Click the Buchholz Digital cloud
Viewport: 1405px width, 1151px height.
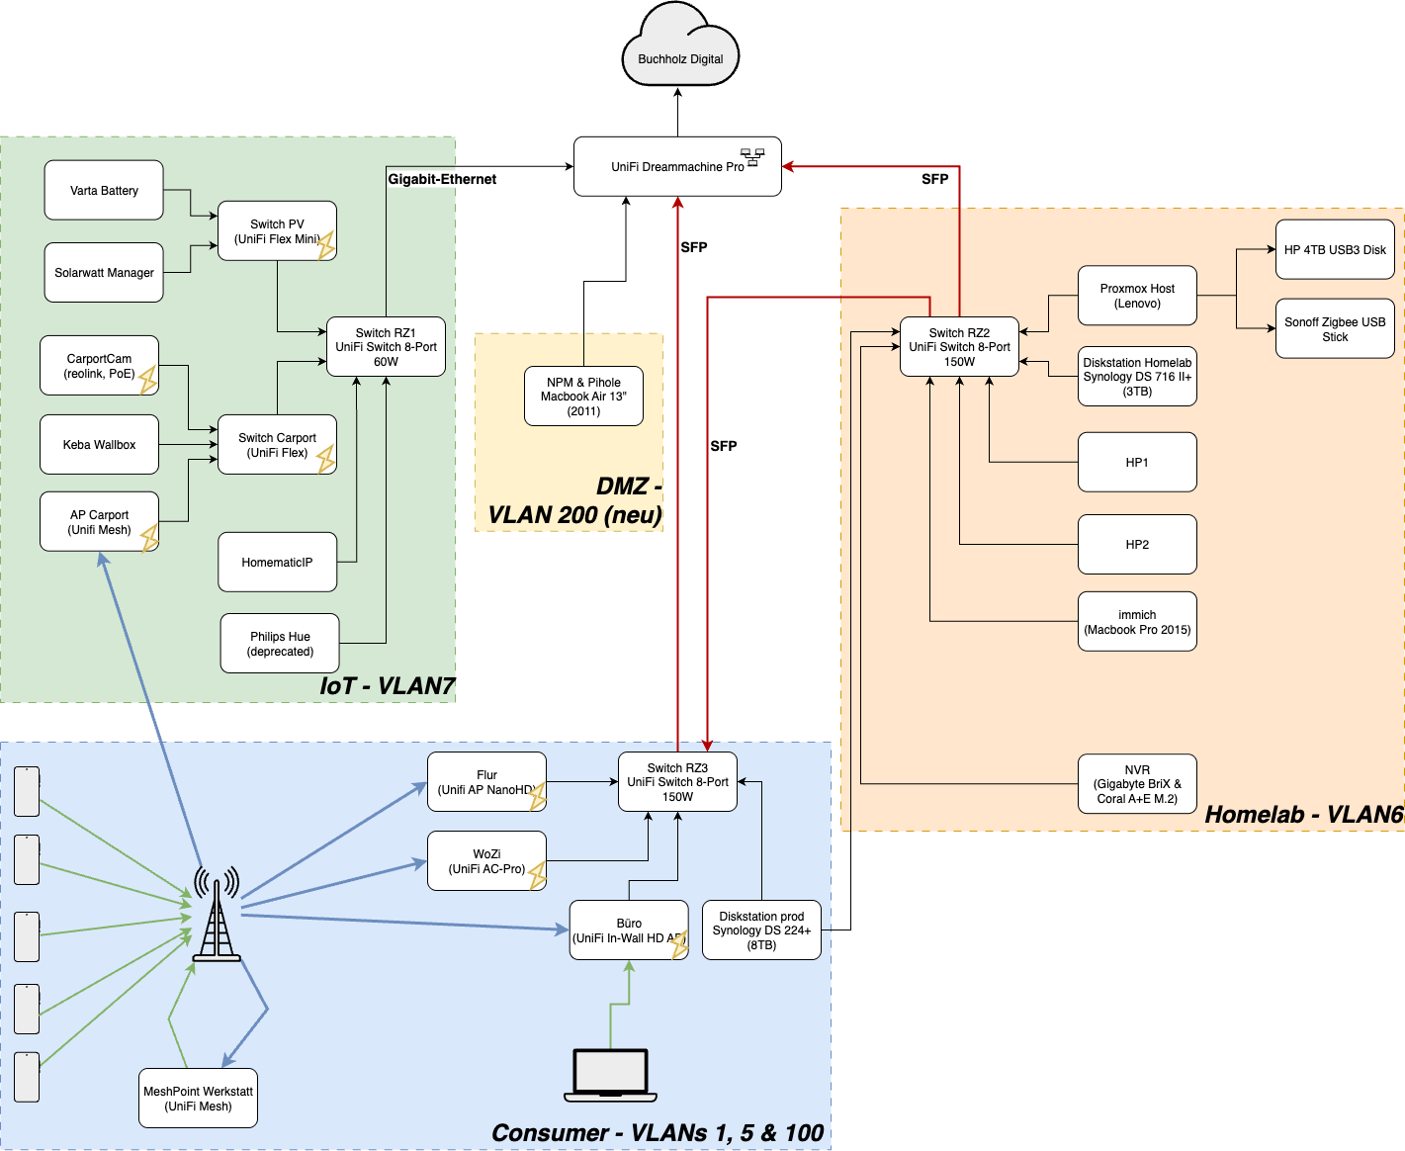coord(680,49)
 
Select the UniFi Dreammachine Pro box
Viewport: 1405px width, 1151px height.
coord(677,166)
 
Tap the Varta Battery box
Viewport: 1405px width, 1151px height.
coord(104,190)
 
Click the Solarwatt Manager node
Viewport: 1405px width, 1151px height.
coord(104,272)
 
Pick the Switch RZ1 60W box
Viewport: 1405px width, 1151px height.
coord(386,347)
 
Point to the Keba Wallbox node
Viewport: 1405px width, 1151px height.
coord(99,444)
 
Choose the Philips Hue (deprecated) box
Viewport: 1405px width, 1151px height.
coord(280,644)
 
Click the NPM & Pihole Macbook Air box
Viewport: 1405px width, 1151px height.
coord(583,397)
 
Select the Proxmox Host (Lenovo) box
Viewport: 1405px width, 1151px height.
coord(1137,296)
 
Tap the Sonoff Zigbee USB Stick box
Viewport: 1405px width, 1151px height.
coord(1335,328)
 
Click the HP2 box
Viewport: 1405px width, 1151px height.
coord(1137,544)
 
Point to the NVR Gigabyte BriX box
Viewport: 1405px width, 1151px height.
coord(1137,783)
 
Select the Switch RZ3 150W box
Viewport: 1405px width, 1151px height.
coord(677,781)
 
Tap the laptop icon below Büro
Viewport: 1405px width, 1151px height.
coord(610,1075)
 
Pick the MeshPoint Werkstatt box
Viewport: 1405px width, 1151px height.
coord(198,1098)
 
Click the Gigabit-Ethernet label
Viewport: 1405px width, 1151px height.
coord(442,179)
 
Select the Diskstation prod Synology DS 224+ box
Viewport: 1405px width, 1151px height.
coord(761,930)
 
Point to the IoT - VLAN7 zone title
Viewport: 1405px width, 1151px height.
coord(387,685)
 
